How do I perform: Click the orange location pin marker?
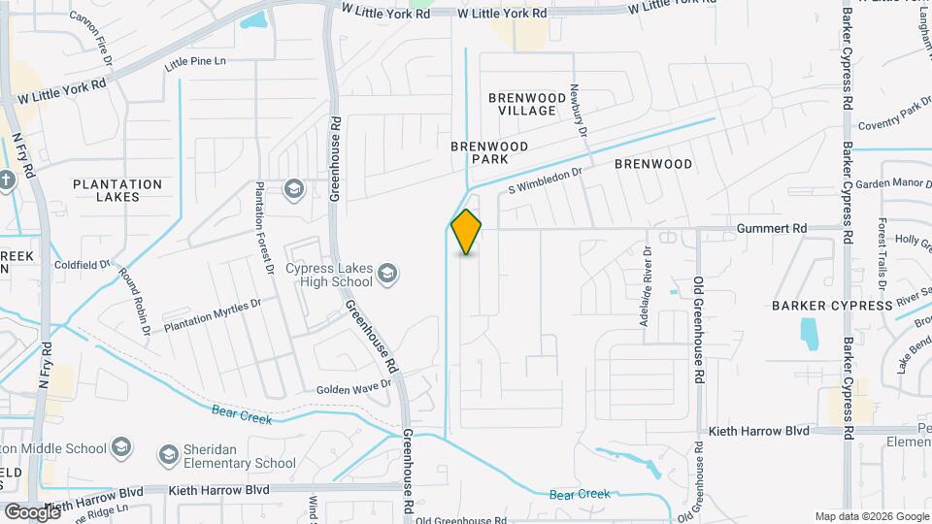[466, 231]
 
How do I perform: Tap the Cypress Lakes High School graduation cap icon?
[388, 272]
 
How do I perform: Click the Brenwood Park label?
[489, 152]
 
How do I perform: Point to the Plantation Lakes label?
[117, 190]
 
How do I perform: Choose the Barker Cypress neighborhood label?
[832, 305]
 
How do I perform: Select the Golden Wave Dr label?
[353, 388]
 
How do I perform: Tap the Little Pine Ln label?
[195, 62]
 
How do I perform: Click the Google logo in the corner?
[31, 511]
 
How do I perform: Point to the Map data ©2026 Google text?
[871, 516]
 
